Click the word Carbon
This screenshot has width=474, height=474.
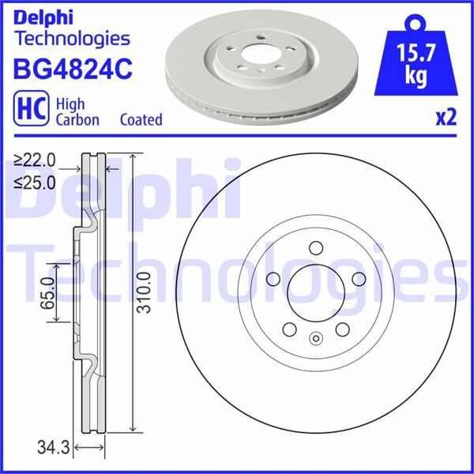click(x=77, y=119)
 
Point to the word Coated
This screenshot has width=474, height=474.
click(x=141, y=119)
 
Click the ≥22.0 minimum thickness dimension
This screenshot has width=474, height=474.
click(x=36, y=160)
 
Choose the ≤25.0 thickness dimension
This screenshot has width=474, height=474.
click(x=36, y=183)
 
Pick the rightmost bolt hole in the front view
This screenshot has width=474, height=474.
click(x=359, y=278)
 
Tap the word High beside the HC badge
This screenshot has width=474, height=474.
click(x=70, y=104)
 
